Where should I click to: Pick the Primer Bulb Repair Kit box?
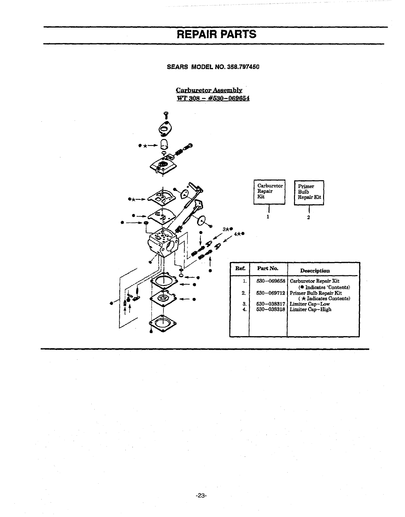[309, 192]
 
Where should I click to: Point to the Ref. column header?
[240, 268]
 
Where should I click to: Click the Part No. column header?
[268, 268]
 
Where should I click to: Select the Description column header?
[315, 271]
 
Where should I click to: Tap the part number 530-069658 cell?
[271, 281]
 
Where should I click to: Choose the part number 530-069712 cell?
[271, 293]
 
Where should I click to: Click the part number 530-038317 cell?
[271, 304]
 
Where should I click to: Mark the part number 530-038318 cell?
[271, 309]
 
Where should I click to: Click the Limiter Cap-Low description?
[309, 304]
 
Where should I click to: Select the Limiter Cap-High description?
[310, 309]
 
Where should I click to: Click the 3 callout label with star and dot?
[227, 229]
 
